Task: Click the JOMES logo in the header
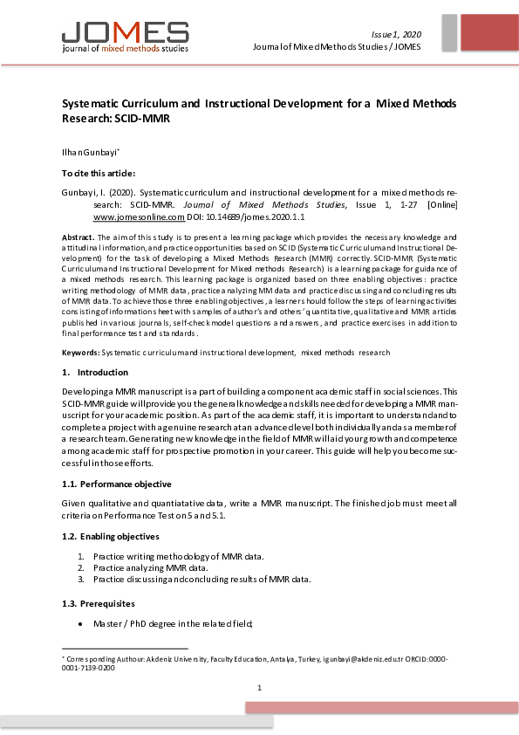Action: [124, 35]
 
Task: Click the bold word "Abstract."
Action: [79, 237]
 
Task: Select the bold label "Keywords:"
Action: [80, 352]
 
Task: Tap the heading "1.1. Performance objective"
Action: [116, 484]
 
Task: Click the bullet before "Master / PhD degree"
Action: [81, 624]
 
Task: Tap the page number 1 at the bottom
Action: [259, 688]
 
